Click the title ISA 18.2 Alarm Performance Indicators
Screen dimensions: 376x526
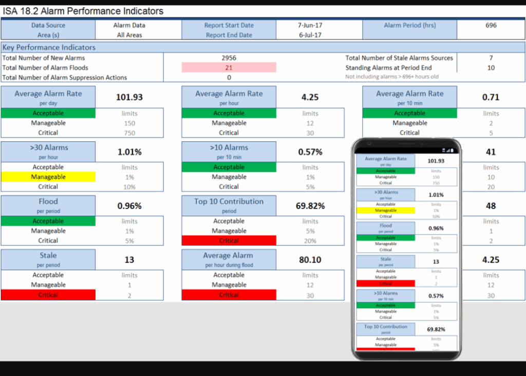pos(83,11)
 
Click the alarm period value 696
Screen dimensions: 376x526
pos(491,25)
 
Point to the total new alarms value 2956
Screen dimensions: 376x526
pos(229,58)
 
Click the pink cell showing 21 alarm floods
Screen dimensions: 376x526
pos(229,68)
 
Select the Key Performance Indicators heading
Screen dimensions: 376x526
pos(49,47)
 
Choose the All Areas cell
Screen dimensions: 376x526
pos(129,35)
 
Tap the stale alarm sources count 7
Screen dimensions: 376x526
pos(491,58)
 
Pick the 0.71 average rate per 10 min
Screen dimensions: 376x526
pos(491,97)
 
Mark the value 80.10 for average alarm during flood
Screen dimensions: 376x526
pos(310,260)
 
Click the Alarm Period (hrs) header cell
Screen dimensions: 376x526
pos(409,25)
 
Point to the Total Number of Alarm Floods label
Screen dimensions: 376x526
pos(45,68)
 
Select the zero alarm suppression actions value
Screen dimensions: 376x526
pos(229,78)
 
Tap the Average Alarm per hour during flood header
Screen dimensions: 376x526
pos(229,259)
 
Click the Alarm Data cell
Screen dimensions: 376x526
pos(129,25)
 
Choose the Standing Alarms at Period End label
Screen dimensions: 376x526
pos(388,68)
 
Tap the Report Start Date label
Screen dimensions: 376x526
pos(229,25)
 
